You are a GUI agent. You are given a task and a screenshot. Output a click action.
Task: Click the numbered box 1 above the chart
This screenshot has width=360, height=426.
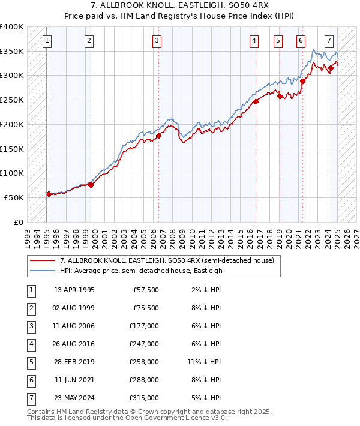[47, 41]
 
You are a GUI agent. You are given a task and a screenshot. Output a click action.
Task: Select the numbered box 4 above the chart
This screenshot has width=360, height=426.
[254, 41]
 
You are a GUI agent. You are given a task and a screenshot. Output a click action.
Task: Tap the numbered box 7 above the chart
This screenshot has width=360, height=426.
[329, 41]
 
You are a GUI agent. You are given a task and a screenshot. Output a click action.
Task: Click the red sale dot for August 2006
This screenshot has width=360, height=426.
[159, 136]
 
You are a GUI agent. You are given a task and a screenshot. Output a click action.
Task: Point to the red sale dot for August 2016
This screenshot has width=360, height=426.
[256, 101]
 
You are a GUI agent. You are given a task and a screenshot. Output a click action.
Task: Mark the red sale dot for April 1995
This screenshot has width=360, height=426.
[49, 194]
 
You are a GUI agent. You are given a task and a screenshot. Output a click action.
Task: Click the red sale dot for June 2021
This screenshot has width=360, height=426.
[303, 82]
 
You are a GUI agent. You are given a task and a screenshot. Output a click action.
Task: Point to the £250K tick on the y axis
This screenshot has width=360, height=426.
[12, 100]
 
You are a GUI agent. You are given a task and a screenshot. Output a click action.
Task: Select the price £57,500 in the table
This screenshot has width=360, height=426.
[146, 290]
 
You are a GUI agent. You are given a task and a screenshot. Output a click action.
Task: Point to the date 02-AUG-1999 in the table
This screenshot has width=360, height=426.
[74, 308]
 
